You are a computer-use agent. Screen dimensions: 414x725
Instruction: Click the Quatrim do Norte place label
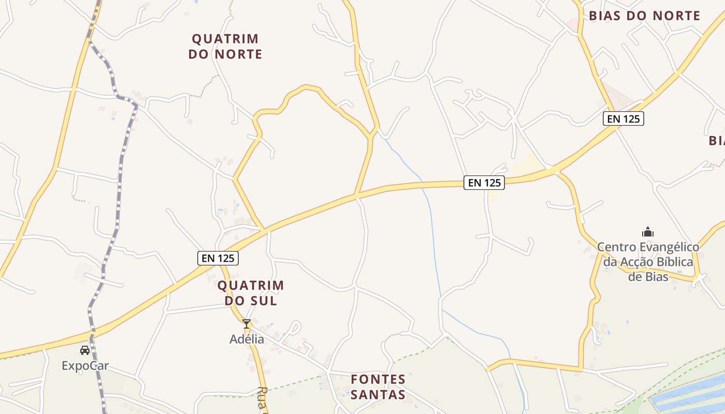(x=225, y=46)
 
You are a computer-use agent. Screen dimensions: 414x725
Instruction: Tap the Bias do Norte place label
(x=644, y=16)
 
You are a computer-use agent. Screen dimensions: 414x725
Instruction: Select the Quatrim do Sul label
(x=251, y=292)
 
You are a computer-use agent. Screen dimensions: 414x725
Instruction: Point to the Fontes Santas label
(x=378, y=387)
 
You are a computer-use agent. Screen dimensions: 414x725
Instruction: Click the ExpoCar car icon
(x=85, y=350)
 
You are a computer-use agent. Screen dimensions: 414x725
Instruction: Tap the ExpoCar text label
(x=85, y=366)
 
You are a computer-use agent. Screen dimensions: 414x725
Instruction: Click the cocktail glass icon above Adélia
(x=247, y=324)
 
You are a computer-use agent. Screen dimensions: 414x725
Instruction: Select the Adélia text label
(x=247, y=339)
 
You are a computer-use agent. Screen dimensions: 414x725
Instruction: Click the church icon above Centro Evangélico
(x=647, y=232)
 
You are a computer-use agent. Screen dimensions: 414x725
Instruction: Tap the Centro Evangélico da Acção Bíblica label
(x=648, y=262)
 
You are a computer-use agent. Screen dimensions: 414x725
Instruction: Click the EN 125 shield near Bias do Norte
(x=624, y=119)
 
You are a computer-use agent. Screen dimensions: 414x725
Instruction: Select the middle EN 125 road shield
(x=484, y=182)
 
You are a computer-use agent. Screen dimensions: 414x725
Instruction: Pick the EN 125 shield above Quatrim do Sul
(x=218, y=258)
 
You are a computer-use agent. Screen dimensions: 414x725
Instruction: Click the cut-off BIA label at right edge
(x=716, y=140)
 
